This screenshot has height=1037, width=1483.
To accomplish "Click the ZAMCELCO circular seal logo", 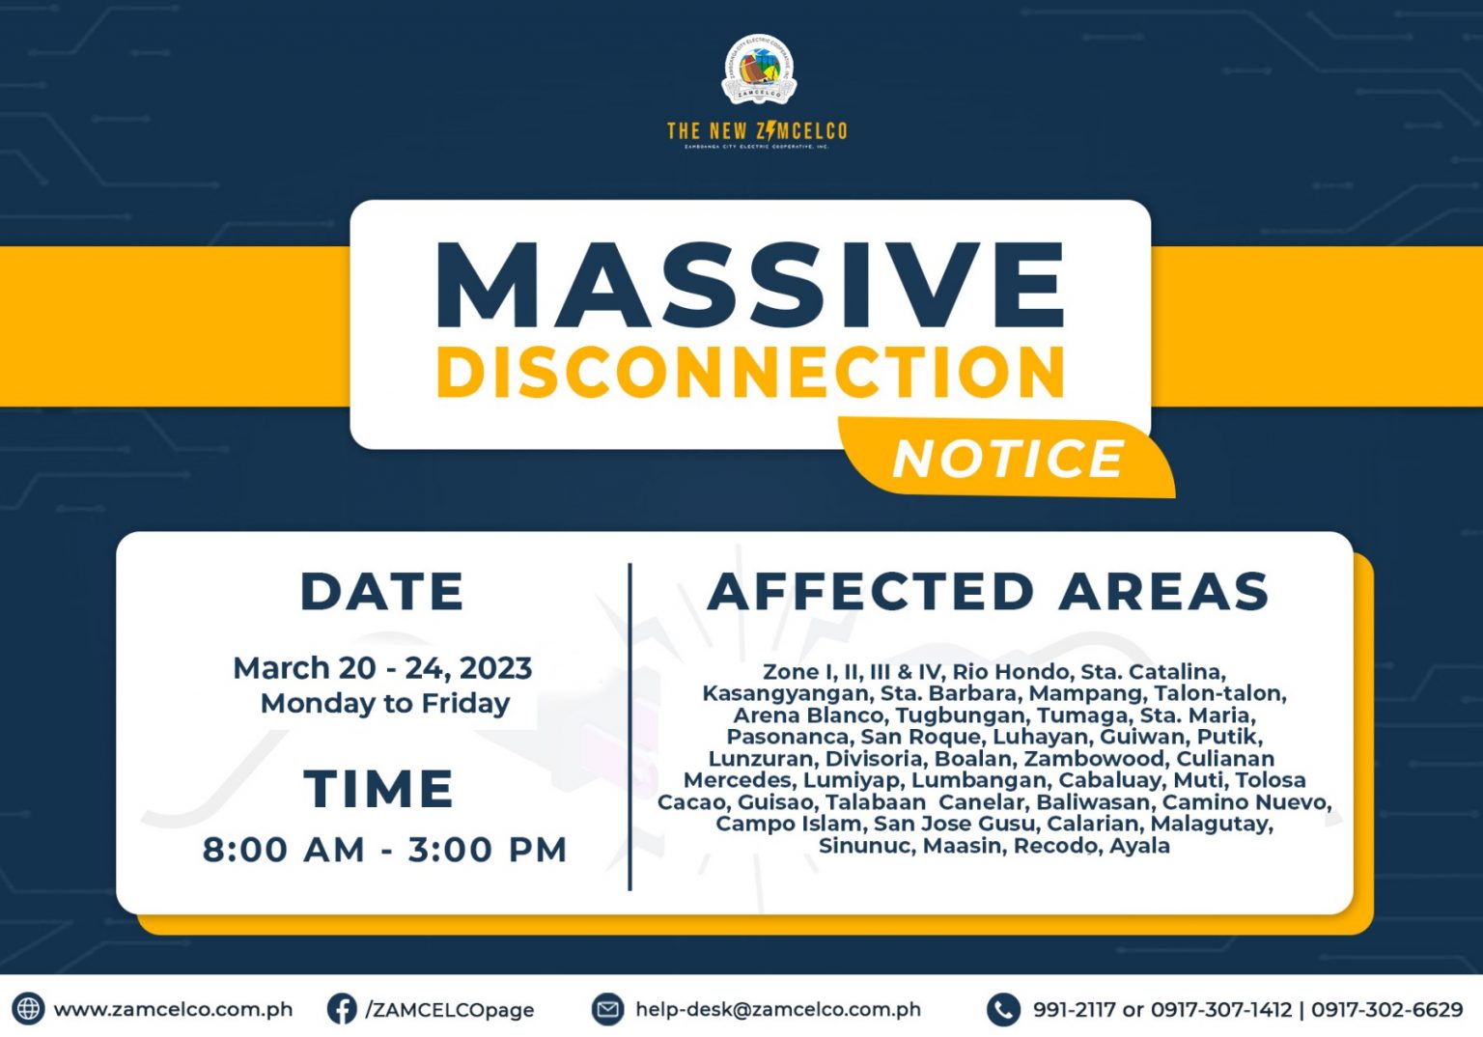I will [759, 70].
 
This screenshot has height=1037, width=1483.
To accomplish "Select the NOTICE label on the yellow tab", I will [1008, 459].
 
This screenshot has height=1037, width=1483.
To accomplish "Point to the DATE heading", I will [382, 591].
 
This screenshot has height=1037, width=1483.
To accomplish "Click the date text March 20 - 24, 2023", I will [382, 668].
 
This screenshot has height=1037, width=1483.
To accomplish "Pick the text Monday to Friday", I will [385, 703].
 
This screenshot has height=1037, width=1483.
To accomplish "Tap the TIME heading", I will [379, 789].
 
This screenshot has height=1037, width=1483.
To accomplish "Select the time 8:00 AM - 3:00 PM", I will [384, 850].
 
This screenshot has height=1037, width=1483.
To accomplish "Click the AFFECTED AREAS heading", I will [989, 591].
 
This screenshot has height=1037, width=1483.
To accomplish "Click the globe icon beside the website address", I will [28, 1009].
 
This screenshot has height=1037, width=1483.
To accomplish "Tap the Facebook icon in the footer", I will [341, 1009].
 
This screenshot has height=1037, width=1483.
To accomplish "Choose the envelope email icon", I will [607, 1009].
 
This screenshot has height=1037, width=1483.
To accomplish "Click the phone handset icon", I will [1003, 1009].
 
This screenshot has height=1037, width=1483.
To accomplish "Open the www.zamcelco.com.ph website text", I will [173, 1009].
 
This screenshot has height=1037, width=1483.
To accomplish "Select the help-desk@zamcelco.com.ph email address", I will [777, 1009].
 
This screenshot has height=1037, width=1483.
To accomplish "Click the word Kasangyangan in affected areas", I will [784, 693].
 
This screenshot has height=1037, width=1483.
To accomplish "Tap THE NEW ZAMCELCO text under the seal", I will [757, 130].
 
